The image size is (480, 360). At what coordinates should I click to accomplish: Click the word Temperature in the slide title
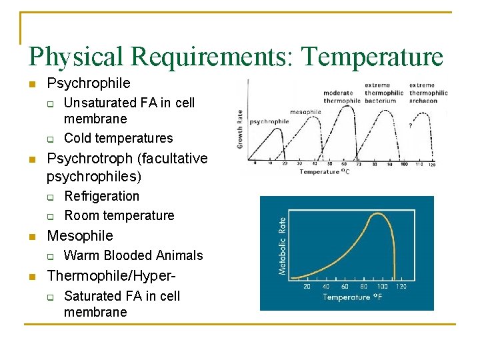(x=372, y=57)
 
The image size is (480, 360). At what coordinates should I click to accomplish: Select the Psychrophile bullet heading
(x=89, y=83)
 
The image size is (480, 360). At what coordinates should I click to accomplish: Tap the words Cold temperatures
(x=118, y=138)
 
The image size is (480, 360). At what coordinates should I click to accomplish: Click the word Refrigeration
(x=101, y=196)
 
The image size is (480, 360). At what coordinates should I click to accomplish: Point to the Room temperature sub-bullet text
(x=119, y=215)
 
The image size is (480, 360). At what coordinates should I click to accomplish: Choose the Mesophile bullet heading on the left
(x=80, y=235)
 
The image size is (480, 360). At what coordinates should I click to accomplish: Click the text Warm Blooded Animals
(x=133, y=255)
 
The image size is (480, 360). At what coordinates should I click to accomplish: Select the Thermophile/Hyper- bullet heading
(x=113, y=275)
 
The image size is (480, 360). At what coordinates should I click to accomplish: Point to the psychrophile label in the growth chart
(x=270, y=121)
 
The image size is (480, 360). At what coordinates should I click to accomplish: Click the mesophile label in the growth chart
(x=305, y=112)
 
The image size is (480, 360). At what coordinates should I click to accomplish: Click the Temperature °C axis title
(x=325, y=172)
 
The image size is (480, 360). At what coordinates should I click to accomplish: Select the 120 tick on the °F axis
(x=401, y=287)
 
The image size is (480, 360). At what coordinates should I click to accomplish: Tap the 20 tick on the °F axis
(x=307, y=287)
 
